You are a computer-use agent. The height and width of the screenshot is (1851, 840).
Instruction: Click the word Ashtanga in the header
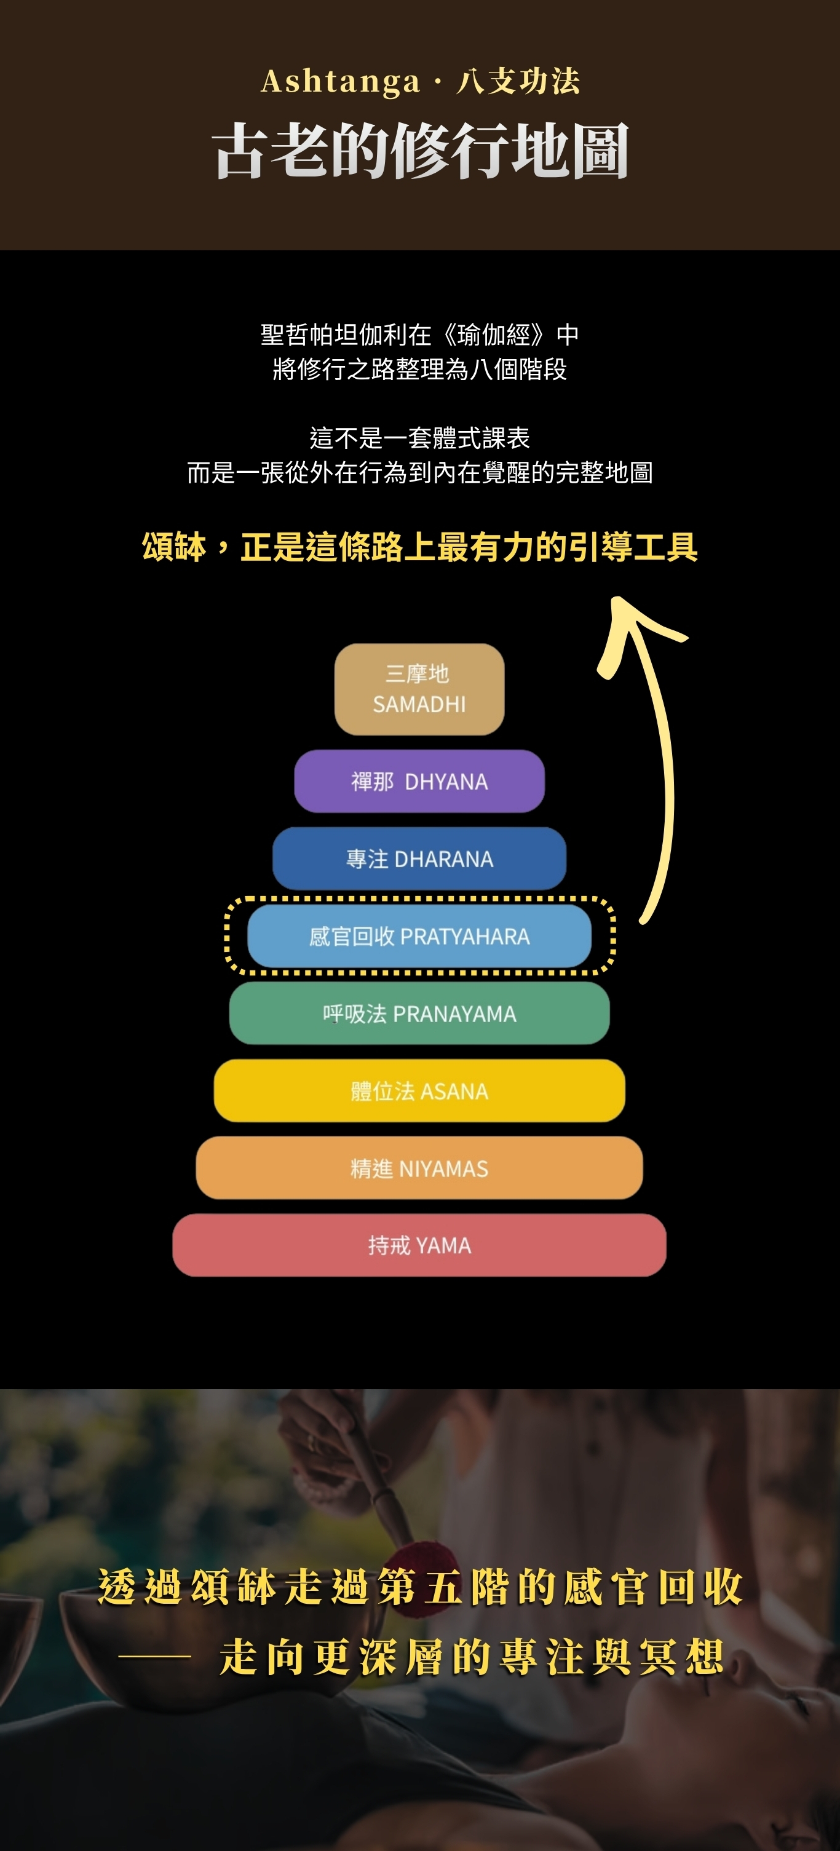point(340,82)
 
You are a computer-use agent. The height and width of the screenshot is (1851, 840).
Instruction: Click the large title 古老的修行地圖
point(421,151)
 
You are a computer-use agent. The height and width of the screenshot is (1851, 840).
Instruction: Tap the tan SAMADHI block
point(419,689)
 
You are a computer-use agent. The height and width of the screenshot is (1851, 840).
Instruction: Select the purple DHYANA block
point(419,781)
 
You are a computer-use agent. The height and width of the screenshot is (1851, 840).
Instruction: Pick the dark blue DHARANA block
point(419,858)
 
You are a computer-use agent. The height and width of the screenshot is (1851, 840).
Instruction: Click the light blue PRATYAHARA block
point(419,937)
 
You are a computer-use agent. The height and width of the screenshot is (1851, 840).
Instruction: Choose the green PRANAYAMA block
point(419,1013)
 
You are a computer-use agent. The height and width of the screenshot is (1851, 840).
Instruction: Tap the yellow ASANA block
point(419,1091)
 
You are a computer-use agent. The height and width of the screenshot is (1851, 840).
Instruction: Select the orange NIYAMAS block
point(419,1168)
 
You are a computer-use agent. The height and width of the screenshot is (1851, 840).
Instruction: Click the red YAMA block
point(419,1245)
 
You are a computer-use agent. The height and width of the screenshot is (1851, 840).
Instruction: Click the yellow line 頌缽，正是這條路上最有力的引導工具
point(419,547)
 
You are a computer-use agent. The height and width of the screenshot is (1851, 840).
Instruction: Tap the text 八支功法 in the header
point(518,82)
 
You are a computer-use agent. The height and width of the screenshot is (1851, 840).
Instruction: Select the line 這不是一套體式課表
point(419,438)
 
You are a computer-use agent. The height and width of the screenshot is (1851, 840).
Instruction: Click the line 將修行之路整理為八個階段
point(419,370)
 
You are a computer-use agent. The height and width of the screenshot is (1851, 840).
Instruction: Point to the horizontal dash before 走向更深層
point(154,1658)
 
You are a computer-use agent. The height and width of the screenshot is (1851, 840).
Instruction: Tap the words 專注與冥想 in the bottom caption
point(611,1658)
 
